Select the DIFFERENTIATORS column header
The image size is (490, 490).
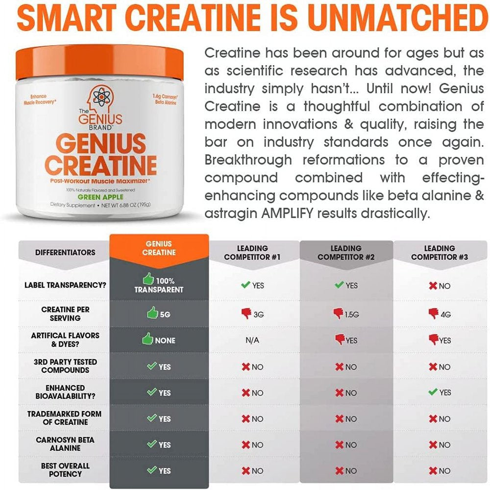pos(65,252)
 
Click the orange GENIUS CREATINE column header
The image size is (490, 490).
pos(159,248)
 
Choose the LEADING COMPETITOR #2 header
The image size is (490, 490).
pos(346,253)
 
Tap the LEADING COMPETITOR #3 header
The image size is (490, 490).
pos(440,253)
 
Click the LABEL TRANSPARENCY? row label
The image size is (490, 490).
pos(65,285)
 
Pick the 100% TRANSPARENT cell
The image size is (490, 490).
pos(159,285)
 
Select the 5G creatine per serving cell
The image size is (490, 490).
pos(159,314)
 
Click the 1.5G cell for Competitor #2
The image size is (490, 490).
pos(346,314)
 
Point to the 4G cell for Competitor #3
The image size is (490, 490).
pos(440,314)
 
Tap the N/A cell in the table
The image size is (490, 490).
pos(252,340)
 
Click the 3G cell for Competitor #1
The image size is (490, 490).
pos(252,314)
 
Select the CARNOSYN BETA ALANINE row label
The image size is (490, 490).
pos(65,444)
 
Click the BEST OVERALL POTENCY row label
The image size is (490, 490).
pos(65,470)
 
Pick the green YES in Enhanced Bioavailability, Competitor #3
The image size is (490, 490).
pos(440,392)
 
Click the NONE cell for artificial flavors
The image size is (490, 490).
pos(159,340)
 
